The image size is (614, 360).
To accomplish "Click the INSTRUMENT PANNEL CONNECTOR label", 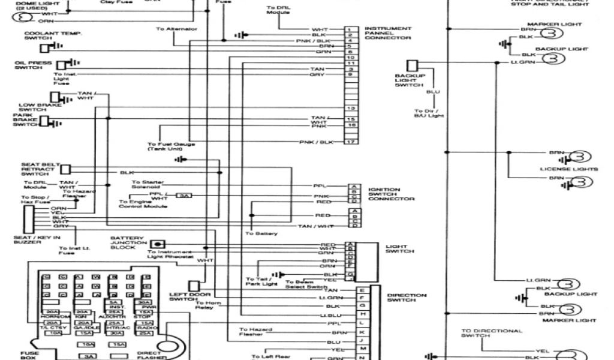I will [387, 33].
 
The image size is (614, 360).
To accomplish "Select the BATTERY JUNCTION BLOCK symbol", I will [158, 244].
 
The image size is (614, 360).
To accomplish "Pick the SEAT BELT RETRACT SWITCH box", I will [65, 170].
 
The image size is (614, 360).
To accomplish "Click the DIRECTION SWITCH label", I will [407, 298].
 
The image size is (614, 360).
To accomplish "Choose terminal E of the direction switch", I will [362, 290].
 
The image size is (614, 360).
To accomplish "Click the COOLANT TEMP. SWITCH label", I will [44, 35].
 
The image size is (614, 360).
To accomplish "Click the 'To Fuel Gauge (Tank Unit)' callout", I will [171, 147].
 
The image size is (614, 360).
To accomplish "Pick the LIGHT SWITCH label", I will [399, 248].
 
